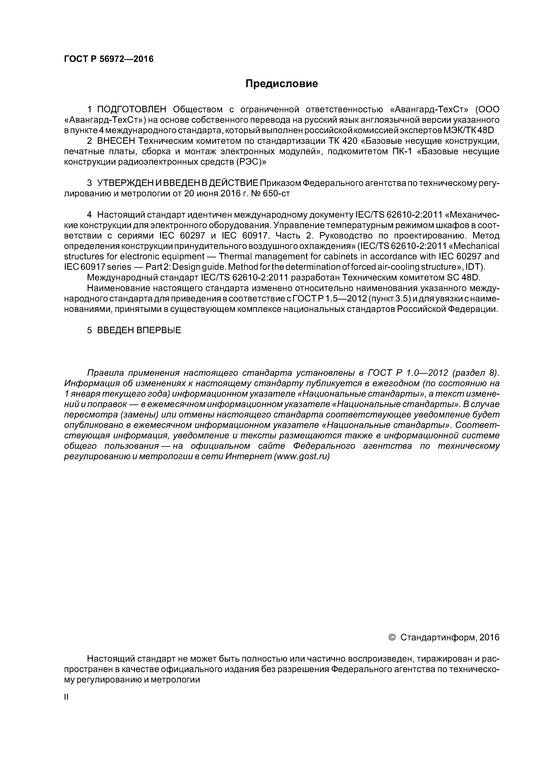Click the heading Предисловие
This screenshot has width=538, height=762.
pos(281,84)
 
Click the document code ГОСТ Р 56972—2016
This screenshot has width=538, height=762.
pos(109,59)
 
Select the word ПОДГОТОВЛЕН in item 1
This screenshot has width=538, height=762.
pos(131,109)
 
